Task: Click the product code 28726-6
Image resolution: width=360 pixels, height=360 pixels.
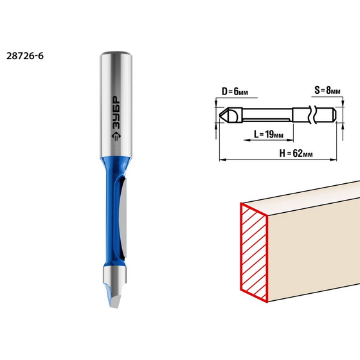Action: (26, 55)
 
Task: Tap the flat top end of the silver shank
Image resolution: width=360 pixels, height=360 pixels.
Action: (117, 51)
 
